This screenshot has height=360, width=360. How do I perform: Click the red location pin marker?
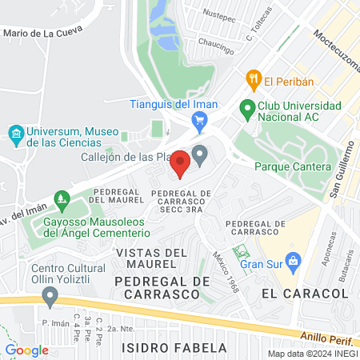180,164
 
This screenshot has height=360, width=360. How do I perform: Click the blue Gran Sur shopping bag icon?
294,260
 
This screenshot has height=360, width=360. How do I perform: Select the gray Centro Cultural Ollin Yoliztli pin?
50,298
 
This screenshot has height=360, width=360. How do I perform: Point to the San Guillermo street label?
341,169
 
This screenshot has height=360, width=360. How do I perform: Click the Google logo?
27,350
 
